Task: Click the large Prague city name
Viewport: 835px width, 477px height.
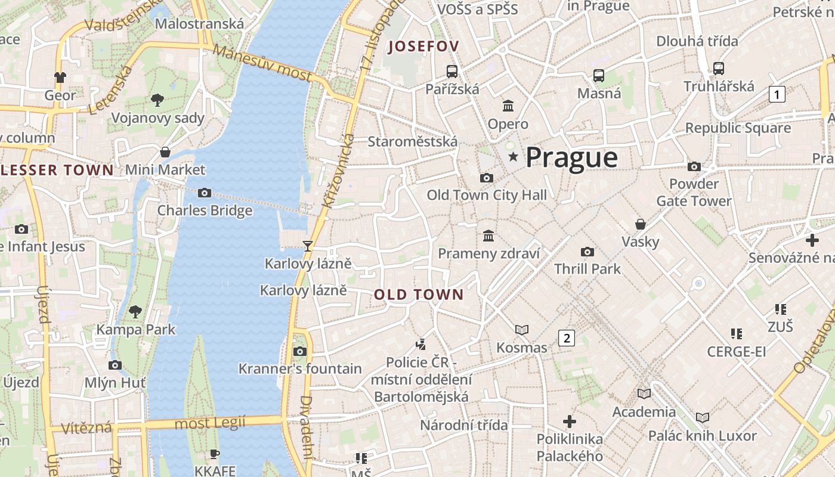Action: pos(571,157)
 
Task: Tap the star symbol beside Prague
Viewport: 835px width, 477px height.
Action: pos(513,156)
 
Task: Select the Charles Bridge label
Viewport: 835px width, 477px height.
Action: pos(205,210)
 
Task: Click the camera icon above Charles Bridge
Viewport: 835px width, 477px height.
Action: pos(205,193)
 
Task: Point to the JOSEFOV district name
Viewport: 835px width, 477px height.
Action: pos(423,47)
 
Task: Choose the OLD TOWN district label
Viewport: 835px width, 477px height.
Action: pos(419,294)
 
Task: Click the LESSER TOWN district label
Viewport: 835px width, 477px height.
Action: pos(57,170)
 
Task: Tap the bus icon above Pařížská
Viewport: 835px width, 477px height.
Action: pos(452,72)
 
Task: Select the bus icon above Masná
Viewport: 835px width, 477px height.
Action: pos(599,76)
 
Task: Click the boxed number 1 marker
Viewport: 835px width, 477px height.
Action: pos(777,94)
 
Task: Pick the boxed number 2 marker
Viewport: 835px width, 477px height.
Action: pos(566,338)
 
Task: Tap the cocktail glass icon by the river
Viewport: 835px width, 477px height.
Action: pos(308,246)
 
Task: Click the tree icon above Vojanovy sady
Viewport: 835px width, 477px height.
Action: pos(157,100)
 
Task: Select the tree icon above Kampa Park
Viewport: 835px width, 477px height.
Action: pos(135,311)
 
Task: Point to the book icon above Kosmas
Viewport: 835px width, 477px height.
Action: pos(522,330)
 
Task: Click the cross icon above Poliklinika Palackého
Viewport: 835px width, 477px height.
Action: pos(570,422)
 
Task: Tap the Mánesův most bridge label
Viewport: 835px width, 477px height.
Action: pos(262,63)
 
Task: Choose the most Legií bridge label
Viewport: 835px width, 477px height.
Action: pos(210,423)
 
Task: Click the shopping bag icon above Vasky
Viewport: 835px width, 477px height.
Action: pos(641,224)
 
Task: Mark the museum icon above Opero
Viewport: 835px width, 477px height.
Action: pos(508,106)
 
